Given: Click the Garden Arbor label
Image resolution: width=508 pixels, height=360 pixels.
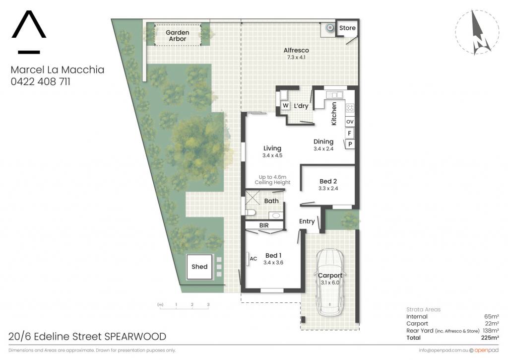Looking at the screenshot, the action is point(177,36).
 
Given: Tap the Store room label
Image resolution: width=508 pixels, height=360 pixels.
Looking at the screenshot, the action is point(347,28).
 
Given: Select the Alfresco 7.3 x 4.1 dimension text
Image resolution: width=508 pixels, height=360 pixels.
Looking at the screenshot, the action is point(296,58).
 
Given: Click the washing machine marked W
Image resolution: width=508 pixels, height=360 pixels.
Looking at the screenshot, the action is point(285,105).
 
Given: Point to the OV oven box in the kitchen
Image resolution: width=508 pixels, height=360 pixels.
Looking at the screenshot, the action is point(350,122).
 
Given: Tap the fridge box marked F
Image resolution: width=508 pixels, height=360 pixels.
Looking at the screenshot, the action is point(350,133).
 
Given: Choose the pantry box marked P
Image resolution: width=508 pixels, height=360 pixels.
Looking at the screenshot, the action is point(350,144).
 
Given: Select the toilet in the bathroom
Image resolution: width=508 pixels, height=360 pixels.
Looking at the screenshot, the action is point(250,213).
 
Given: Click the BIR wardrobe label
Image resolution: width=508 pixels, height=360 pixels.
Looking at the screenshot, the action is point(264,225).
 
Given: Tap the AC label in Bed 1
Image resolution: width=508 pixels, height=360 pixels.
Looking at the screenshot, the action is point(254,259).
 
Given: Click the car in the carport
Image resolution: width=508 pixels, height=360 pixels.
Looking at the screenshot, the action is point(330,282).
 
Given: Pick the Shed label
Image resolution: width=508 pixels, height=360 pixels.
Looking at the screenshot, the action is point(199,267).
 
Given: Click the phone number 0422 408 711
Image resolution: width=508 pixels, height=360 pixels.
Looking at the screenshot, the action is point(41,81).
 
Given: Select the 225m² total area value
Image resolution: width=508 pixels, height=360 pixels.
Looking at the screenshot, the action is point(490,338).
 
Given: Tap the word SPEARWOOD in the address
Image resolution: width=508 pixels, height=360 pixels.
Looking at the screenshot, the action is point(135,336).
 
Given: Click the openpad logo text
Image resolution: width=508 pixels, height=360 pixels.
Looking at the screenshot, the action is point(486,350).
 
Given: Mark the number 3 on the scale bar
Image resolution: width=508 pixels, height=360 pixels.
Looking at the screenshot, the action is point(208,304).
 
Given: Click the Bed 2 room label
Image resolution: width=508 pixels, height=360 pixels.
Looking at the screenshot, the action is point(328,181).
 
